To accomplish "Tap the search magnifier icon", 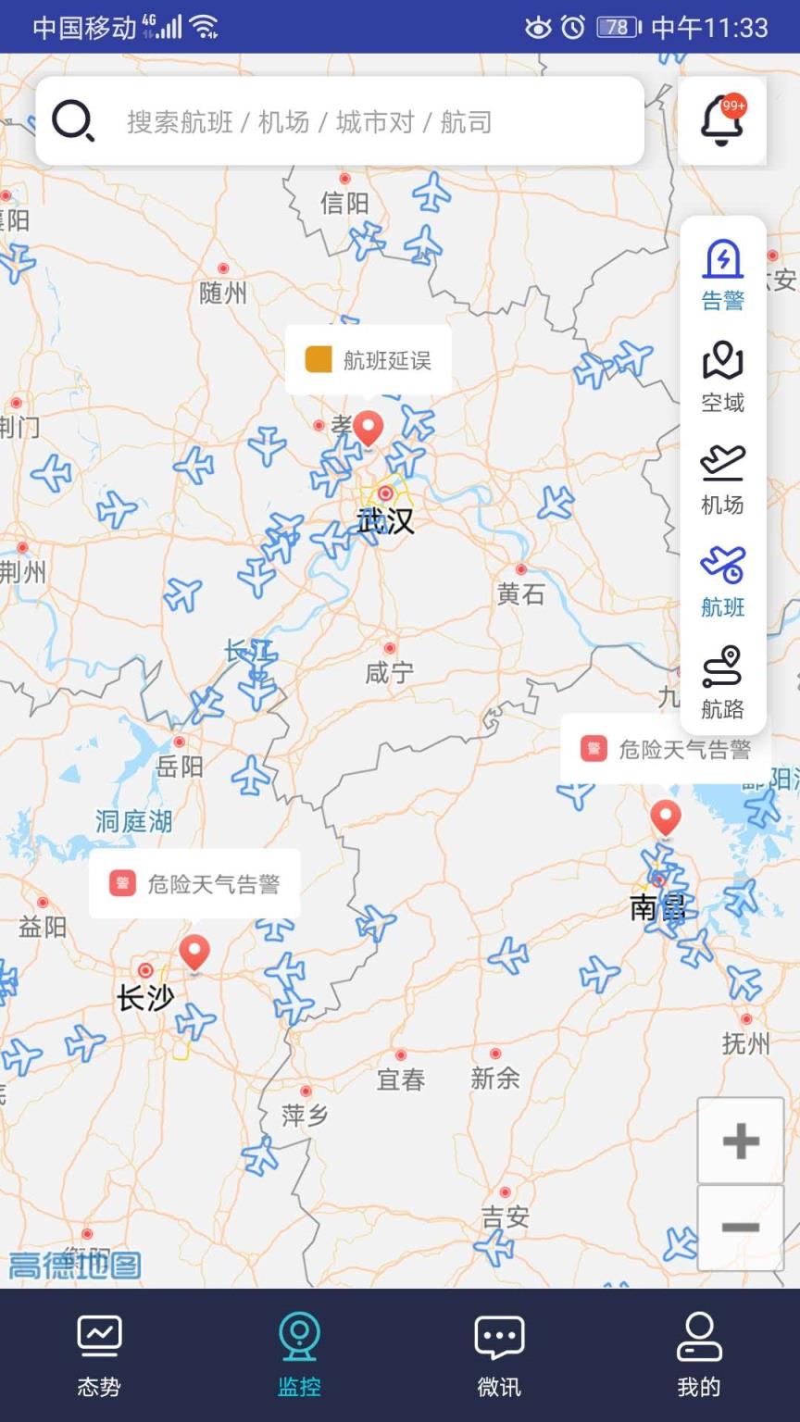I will (72, 121).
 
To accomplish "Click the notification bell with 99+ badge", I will (722, 121).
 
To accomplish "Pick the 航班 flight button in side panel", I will (722, 581).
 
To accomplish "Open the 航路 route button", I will (722, 683).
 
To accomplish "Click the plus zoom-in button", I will (740, 1141).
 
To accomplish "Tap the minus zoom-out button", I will (740, 1228).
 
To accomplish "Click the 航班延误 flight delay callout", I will (369, 360).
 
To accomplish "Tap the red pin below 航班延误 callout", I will (369, 429).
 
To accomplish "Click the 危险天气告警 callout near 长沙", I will (194, 883).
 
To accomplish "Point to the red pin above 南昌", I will (665, 817).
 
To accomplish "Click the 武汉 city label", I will (386, 521).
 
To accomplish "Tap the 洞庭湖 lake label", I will (134, 821).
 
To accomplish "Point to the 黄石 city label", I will (520, 593).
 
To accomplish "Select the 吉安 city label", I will (506, 1216).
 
